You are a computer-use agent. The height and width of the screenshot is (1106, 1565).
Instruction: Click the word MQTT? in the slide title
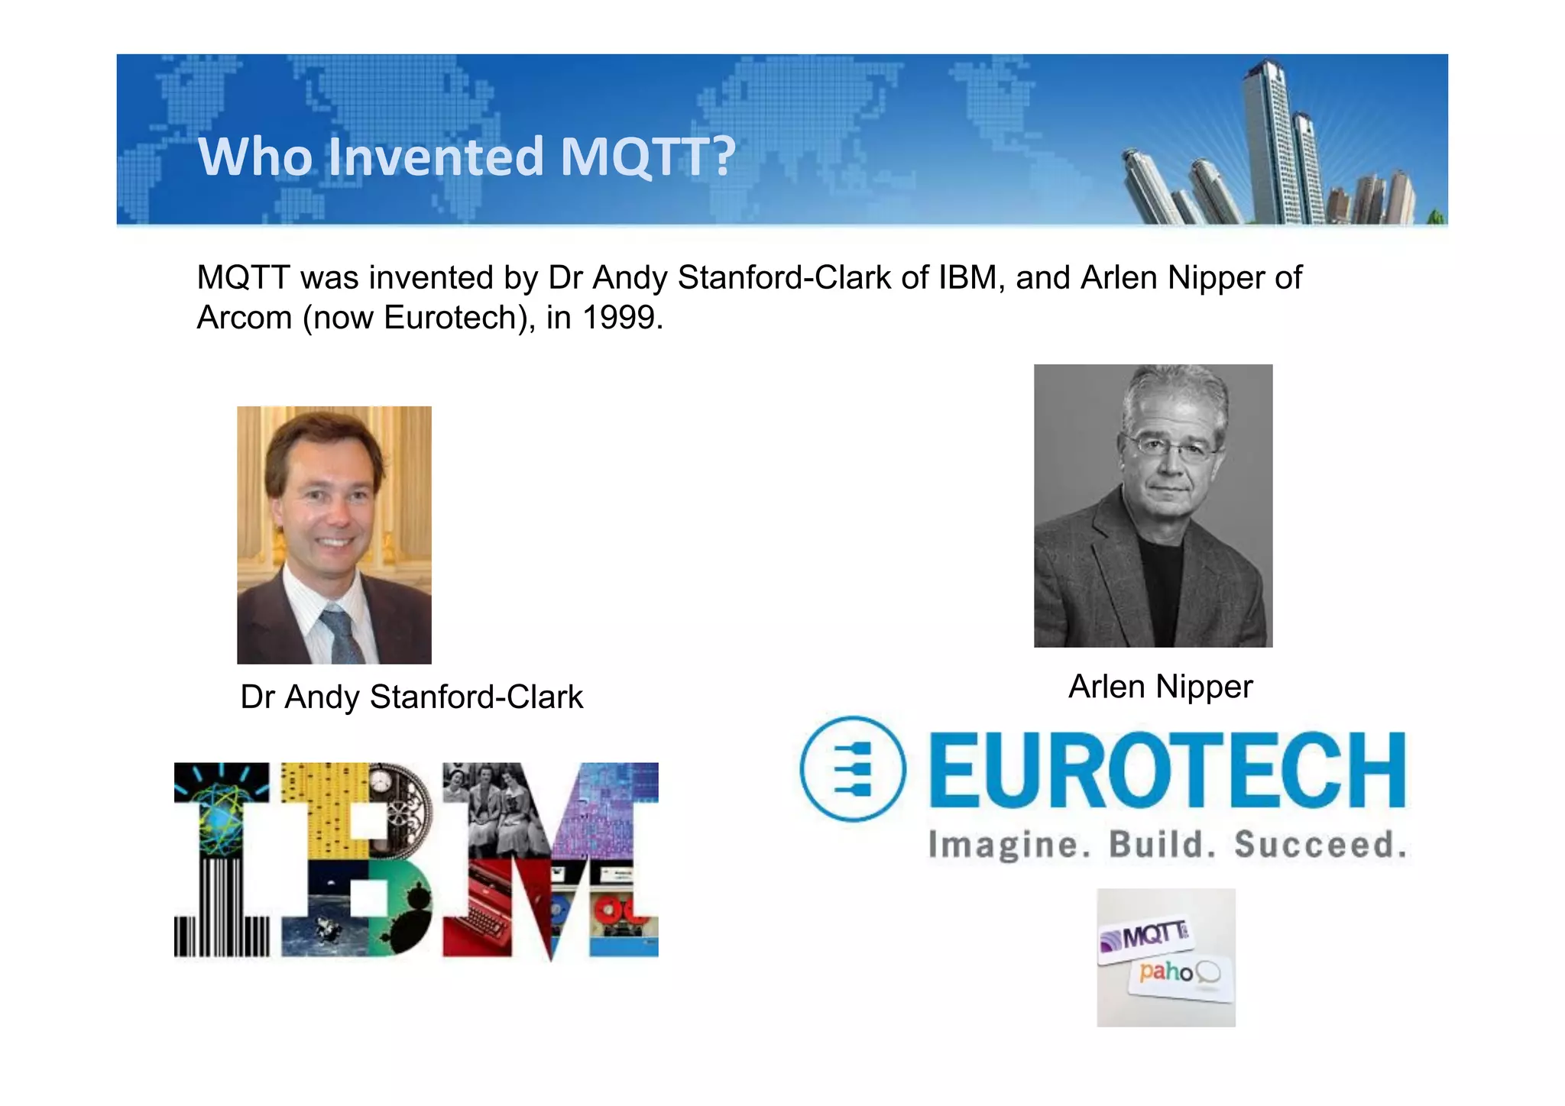(647, 157)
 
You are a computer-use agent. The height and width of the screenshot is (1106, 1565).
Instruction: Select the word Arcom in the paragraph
(244, 318)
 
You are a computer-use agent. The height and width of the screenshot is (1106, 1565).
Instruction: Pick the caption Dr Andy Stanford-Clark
(411, 697)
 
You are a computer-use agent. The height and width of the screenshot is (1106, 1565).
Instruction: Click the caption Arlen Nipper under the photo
(1160, 687)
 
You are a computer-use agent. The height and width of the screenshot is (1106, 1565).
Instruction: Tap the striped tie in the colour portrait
(341, 634)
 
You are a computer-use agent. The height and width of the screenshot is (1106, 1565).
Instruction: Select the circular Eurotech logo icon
(852, 768)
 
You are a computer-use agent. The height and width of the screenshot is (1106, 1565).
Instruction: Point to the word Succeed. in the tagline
(1320, 845)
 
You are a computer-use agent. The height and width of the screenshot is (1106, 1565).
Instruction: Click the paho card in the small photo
(1181, 975)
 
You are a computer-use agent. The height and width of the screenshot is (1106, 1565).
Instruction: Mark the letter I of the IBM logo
(222, 859)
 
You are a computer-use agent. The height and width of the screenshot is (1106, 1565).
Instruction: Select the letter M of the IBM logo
(550, 859)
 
